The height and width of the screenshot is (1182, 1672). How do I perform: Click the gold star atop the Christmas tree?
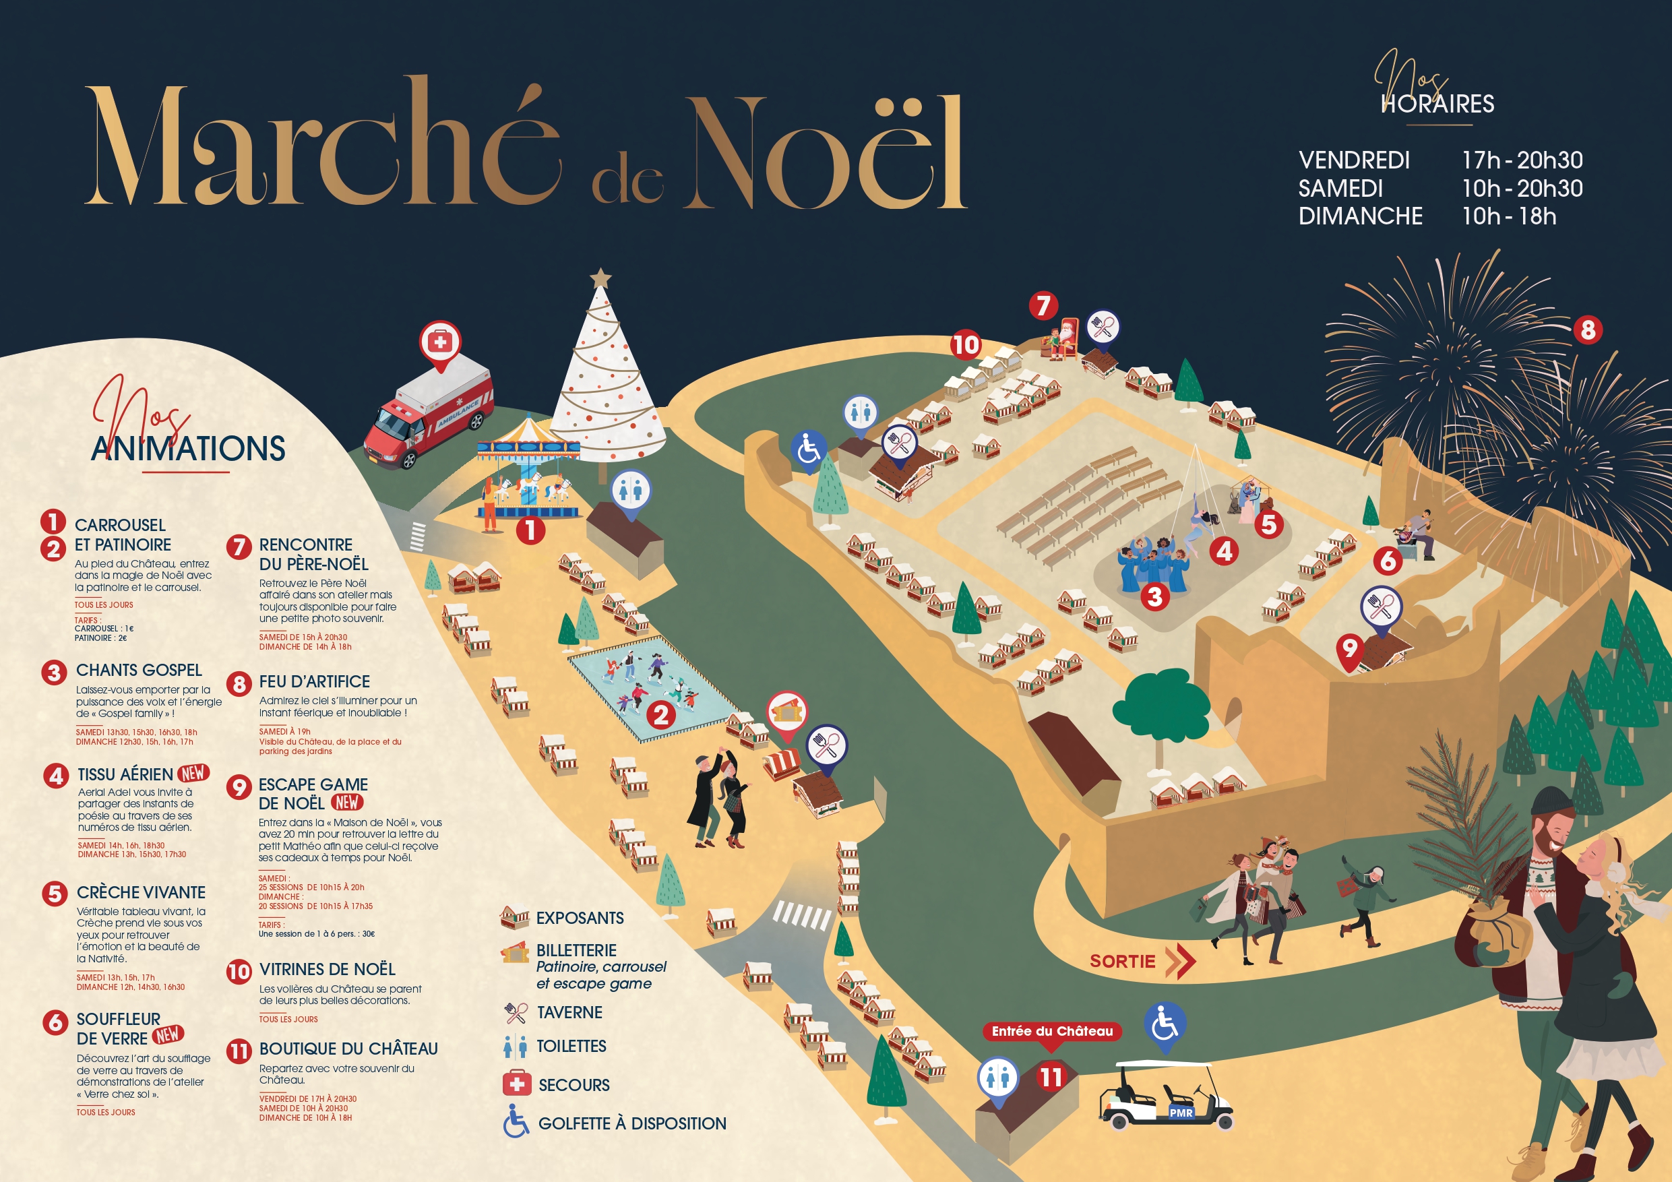[x=600, y=277]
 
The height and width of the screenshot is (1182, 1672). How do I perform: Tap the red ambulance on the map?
[x=428, y=413]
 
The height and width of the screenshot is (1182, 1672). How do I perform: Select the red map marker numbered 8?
[x=1588, y=330]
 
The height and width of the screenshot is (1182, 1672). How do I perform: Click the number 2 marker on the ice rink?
[x=660, y=715]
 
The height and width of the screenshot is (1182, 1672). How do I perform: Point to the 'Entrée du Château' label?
[x=1051, y=1030]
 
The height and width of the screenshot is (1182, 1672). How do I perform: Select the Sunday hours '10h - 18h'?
[x=1509, y=216]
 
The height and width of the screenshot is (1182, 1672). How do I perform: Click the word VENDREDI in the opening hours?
[x=1354, y=160]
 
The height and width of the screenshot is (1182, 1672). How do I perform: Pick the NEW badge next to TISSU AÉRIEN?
[x=193, y=773]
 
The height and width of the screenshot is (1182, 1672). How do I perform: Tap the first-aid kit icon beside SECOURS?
[x=517, y=1084]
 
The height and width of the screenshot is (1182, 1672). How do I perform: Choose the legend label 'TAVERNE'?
[x=569, y=1012]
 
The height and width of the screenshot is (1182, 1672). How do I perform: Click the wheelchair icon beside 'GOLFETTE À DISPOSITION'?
[x=516, y=1121]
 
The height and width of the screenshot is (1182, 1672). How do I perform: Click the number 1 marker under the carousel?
[x=530, y=530]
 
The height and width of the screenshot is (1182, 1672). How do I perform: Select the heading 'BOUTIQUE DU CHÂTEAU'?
[x=348, y=1049]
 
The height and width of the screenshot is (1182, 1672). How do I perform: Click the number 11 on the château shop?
[x=1051, y=1076]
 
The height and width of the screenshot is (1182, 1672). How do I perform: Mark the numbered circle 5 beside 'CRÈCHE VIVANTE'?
[x=55, y=893]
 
